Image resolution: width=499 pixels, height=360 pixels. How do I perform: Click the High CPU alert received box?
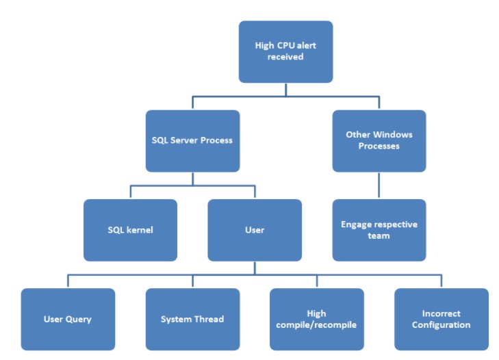[x=286, y=52]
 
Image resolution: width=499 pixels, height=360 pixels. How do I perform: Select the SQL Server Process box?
[x=192, y=141]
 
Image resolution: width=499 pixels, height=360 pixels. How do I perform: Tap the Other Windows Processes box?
[x=379, y=141]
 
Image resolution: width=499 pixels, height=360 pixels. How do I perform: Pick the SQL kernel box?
[x=131, y=230]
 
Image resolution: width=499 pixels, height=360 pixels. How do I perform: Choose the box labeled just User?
[x=255, y=230]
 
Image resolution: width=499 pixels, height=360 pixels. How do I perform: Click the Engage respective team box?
[x=379, y=230]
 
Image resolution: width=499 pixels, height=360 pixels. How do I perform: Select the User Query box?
[x=68, y=319]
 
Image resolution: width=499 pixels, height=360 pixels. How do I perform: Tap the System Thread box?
[x=192, y=319]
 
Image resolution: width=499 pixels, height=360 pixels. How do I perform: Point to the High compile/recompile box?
[x=317, y=319]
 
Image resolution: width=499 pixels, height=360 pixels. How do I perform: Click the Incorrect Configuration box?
[x=442, y=319]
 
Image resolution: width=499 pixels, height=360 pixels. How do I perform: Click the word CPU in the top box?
[x=286, y=46]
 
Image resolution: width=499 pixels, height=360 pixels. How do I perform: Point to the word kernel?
[x=140, y=230]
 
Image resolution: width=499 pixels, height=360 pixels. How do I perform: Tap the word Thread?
[x=209, y=319]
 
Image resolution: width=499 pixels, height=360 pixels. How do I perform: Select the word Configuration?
[x=441, y=325]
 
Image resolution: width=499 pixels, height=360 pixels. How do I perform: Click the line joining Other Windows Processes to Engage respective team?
[x=379, y=185]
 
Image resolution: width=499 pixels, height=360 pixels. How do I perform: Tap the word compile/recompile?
[x=316, y=325]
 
